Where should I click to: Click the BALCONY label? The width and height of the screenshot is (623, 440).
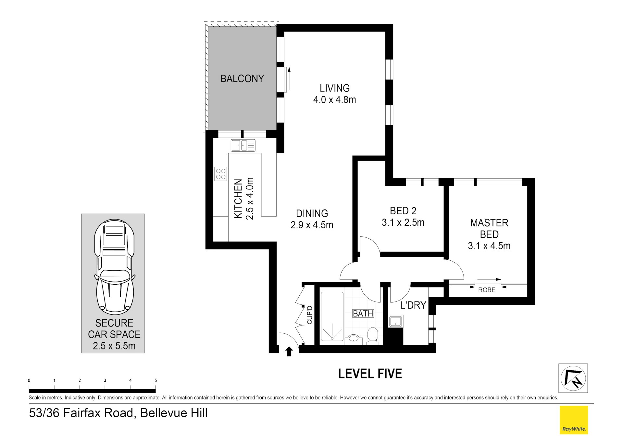point(242,78)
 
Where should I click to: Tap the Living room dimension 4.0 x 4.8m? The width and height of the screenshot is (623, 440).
point(334,100)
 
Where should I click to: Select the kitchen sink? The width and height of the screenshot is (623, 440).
point(243,146)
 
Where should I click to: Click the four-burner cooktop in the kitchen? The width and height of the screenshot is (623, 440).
point(221,174)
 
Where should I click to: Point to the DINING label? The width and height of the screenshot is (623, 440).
point(312,213)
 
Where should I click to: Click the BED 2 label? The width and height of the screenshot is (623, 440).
point(403,211)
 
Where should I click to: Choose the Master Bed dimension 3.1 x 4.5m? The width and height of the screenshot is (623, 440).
point(489,246)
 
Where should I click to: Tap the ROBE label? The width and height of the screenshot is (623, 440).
point(487,290)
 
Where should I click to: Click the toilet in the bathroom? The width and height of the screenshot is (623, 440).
point(372,335)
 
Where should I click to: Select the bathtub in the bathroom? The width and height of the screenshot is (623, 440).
point(332,316)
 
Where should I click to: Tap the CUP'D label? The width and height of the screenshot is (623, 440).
point(309,315)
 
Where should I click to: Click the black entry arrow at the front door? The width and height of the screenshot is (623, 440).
point(289,352)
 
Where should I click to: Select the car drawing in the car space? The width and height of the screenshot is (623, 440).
point(114,267)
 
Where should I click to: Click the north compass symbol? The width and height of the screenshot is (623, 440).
point(573,378)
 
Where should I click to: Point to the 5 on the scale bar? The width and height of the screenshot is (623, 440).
point(156,380)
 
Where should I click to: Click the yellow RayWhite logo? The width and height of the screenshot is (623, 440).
point(574,420)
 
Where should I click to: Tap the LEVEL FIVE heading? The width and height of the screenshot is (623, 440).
point(370,374)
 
